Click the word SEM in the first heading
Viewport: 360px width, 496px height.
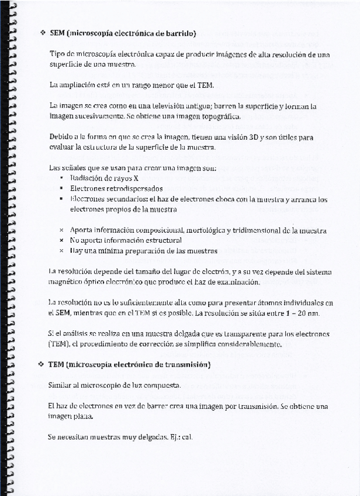(57, 33)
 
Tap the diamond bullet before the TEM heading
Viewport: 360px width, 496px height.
(41, 364)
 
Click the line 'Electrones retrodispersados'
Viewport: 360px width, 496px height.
(116, 189)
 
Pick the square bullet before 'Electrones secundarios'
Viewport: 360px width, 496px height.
(61, 199)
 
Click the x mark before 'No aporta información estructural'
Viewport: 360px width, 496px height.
(61, 240)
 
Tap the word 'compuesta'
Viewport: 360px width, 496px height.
(164, 385)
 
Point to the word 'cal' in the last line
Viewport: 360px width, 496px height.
(187, 437)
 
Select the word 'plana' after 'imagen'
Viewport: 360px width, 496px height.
(82, 416)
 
